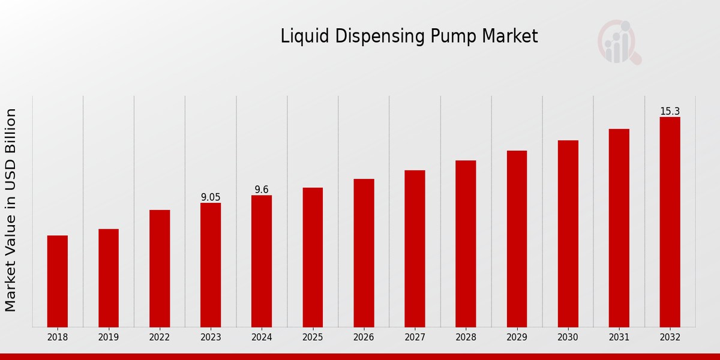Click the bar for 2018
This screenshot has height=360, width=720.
[58, 281]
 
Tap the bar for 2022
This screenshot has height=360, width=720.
[160, 268]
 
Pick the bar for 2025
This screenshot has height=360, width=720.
[313, 257]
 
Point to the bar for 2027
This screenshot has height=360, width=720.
[415, 248]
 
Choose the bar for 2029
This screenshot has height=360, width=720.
[517, 239]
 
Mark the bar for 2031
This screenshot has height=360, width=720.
[619, 228]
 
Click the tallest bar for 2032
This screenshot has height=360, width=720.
[670, 222]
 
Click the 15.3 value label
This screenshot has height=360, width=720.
[670, 112]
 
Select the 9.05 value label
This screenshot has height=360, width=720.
[211, 197]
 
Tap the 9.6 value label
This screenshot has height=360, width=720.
[262, 190]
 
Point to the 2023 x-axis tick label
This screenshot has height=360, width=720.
[211, 338]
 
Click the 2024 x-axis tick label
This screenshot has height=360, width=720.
[262, 338]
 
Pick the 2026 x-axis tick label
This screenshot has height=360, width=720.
[364, 338]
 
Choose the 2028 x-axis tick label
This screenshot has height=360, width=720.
[466, 338]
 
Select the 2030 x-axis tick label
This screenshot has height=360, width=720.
[568, 338]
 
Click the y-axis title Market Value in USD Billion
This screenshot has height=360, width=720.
[11, 210]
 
